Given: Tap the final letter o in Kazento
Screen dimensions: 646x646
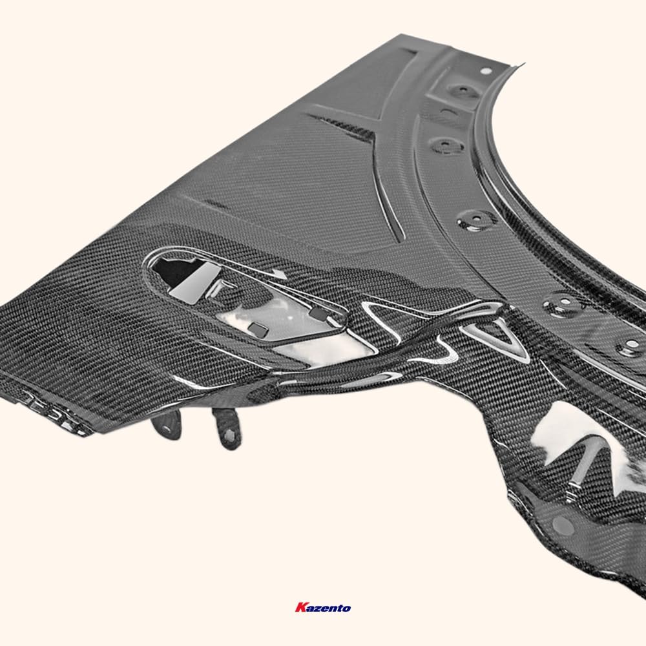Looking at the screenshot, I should pos(347,608).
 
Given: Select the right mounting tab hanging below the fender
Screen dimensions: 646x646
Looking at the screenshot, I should pos(227,428).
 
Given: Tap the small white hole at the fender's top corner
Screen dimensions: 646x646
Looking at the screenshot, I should pos(486,71).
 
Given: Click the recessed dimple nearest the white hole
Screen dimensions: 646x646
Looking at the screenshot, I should pos(463,91).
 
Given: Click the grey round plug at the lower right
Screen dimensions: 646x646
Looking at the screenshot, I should pos(563,525).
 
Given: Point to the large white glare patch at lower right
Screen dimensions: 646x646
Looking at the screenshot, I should pos(568,433).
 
